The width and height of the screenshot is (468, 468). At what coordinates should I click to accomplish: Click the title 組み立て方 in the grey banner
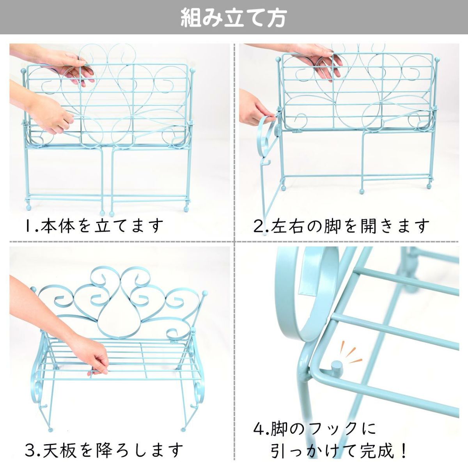pos(233,18)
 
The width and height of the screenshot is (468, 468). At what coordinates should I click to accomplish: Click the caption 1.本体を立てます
pos(94,225)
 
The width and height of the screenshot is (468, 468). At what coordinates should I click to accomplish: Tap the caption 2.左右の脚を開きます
pos(341,225)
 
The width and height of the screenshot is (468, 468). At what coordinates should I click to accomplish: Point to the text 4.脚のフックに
pos(314,429)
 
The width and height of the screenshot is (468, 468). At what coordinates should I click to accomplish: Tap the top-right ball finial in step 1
pos(192,71)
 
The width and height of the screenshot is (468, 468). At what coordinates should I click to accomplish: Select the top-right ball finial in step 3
pos(205,292)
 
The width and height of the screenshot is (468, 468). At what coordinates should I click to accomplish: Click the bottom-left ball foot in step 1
pos(28,208)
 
